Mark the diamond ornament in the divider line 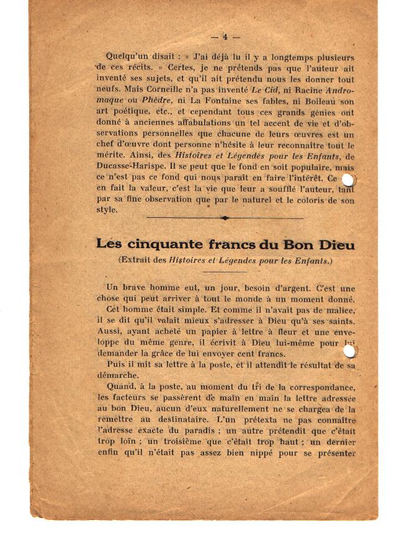[x=225, y=218]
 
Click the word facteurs [x=124, y=399]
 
